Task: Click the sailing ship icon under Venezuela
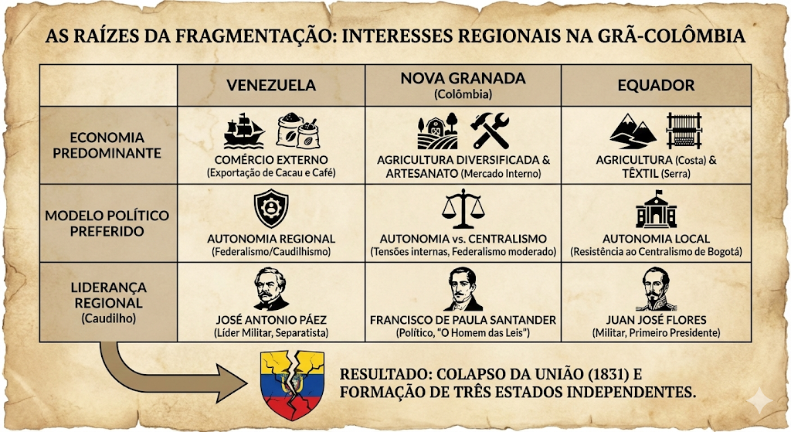click(244, 131)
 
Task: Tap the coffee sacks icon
click(298, 131)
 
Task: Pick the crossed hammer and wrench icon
click(490, 131)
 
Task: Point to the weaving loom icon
click(684, 131)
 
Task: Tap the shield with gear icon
click(271, 209)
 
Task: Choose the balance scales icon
click(463, 209)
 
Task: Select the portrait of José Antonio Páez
click(271, 289)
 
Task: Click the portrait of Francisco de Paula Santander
click(463, 289)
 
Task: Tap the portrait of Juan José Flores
click(656, 289)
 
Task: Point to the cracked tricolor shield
click(292, 386)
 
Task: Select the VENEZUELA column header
click(271, 85)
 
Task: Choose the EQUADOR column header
click(657, 85)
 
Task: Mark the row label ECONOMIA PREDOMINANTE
click(107, 145)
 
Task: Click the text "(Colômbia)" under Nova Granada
click(463, 94)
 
